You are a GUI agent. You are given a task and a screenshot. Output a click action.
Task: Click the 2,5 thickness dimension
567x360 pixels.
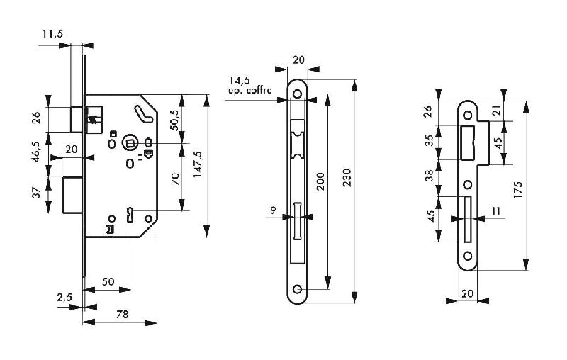(x=64, y=298)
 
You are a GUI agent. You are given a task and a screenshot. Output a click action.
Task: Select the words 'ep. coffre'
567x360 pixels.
(x=249, y=91)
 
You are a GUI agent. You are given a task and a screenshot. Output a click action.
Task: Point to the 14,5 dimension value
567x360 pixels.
(x=240, y=81)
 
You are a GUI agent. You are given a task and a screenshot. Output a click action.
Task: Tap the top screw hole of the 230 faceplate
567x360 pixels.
(x=298, y=94)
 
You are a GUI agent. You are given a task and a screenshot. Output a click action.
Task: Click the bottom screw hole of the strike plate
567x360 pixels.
(x=467, y=257)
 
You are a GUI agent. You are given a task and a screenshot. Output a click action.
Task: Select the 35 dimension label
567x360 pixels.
(x=427, y=140)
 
